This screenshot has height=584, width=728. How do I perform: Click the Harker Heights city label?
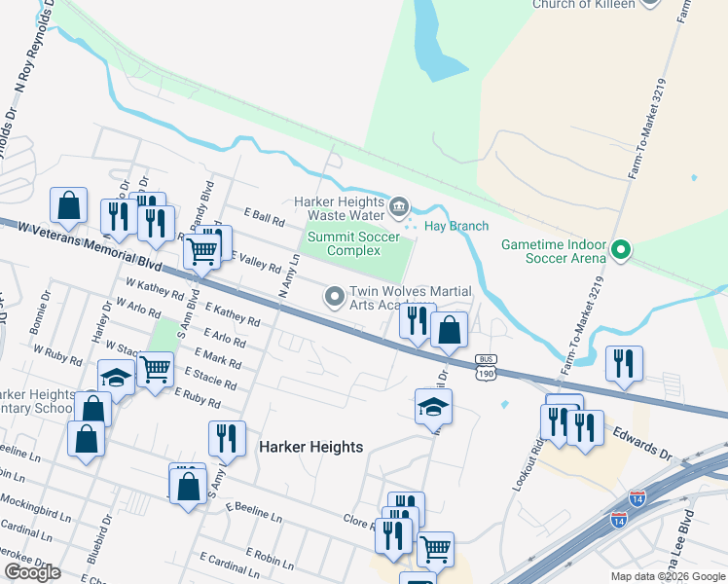click(x=310, y=447)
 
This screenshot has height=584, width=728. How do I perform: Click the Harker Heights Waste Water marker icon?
click(x=399, y=206)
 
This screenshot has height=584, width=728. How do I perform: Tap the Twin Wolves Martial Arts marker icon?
click(x=335, y=295)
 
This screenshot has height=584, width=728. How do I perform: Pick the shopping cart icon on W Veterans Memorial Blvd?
click(x=202, y=251)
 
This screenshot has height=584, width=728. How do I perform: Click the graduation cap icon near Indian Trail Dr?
click(x=433, y=406)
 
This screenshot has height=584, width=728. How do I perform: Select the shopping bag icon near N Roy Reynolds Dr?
click(x=68, y=205)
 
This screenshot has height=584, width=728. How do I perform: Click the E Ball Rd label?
click(x=264, y=221)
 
